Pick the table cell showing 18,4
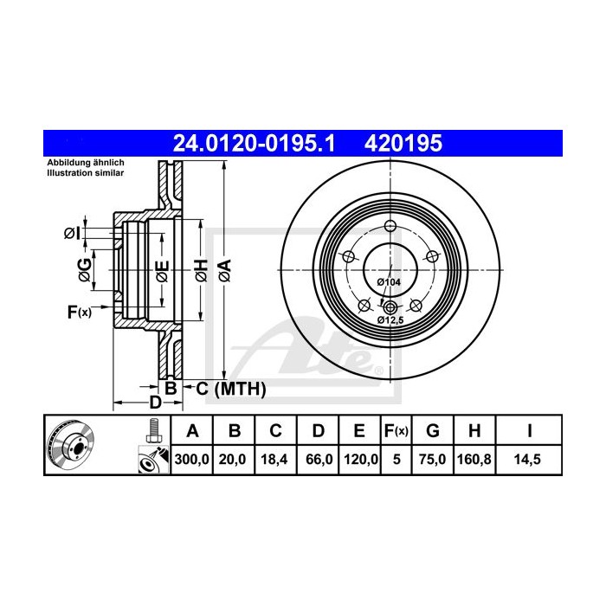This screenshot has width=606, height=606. click(274, 461)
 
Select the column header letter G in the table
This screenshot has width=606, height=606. click(434, 431)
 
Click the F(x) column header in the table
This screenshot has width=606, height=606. click(396, 431)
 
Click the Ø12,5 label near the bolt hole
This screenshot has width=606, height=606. click(390, 320)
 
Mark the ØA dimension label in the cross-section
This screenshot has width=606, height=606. click(224, 269)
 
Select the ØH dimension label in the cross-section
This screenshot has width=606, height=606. click(199, 269)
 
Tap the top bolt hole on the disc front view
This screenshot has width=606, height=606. click(390, 227)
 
